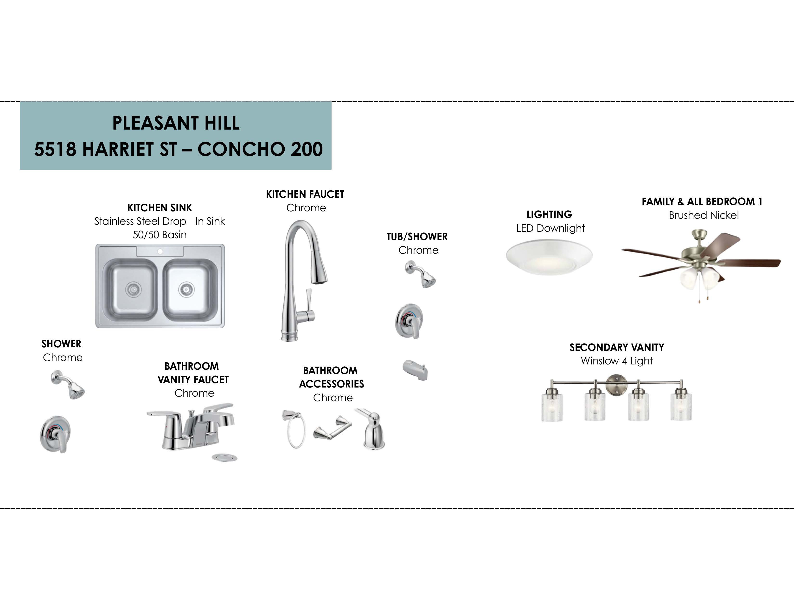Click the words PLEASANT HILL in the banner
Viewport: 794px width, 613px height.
pos(176,123)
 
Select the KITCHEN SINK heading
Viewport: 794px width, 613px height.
pos(160,208)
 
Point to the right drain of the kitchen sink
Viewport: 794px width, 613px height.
pos(186,289)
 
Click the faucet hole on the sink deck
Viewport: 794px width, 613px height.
pos(160,251)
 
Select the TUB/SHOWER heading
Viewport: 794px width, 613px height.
pos(417,237)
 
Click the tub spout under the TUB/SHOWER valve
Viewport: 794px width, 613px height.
pos(415,370)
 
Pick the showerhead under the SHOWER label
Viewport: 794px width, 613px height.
pos(68,385)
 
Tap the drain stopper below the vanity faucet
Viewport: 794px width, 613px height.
pos(225,457)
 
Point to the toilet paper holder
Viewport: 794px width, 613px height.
pos(333,428)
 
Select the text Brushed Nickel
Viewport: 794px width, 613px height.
pos(704,215)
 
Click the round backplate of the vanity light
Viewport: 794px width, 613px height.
pos(616,385)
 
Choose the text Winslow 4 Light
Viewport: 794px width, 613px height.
pos(617,361)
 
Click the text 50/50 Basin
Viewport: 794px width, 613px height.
pos(160,235)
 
